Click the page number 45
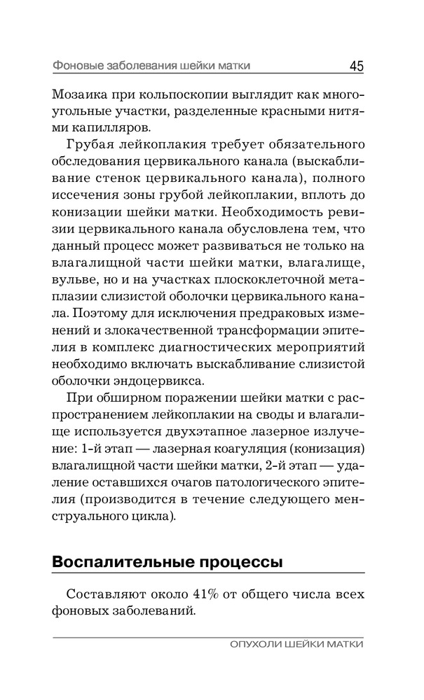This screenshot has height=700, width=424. point(355,66)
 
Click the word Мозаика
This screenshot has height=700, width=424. point(80,94)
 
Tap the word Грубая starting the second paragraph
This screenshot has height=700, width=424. point(91,146)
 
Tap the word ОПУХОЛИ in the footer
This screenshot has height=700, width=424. point(254,645)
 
